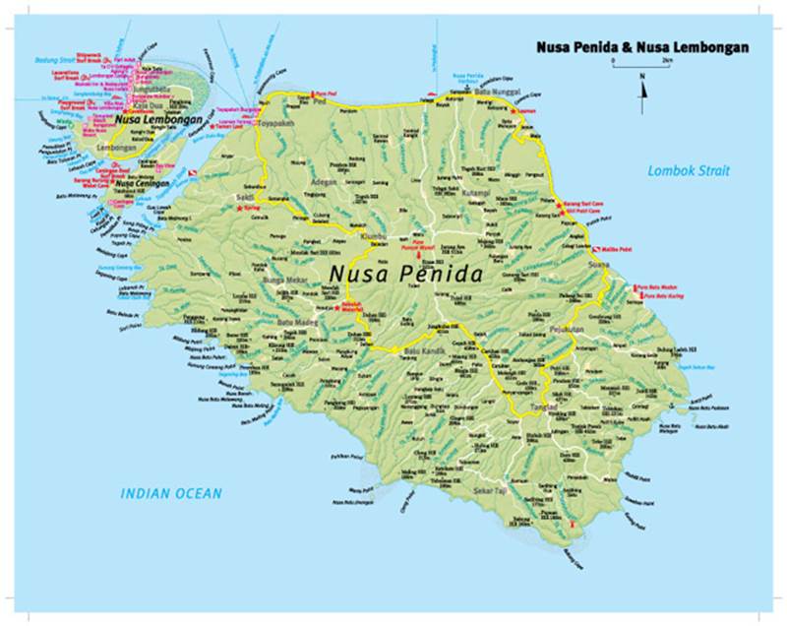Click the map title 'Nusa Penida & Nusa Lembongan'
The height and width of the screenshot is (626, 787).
click(641, 46)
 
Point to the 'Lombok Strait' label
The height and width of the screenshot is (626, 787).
click(689, 171)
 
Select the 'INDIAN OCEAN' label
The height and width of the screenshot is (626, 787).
click(171, 493)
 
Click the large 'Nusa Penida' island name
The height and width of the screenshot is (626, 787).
click(405, 274)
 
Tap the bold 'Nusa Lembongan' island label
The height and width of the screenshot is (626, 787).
click(158, 120)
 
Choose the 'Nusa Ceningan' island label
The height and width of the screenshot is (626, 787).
click(137, 182)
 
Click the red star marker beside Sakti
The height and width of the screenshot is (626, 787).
click(238, 208)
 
